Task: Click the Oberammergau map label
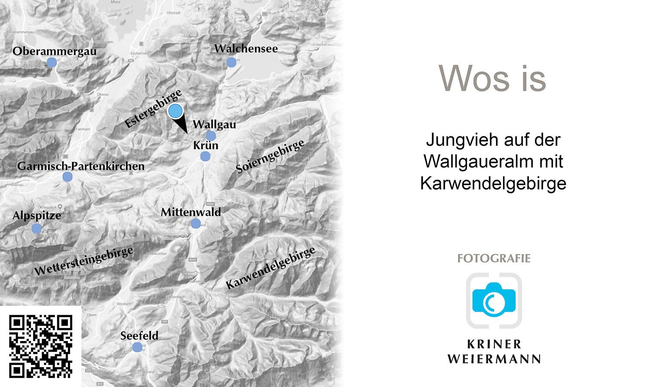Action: pyautogui.click(x=55, y=51)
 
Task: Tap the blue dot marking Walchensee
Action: pyautogui.click(x=231, y=62)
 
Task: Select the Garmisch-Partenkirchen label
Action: pyautogui.click(x=81, y=166)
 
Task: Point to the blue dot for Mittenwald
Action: pyautogui.click(x=196, y=224)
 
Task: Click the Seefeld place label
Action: pyautogui.click(x=139, y=336)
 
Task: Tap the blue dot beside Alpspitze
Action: pyautogui.click(x=37, y=229)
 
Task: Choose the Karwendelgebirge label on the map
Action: pyautogui.click(x=270, y=268)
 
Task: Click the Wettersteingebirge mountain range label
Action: pyautogui.click(x=84, y=261)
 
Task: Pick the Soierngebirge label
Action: pyautogui.click(x=270, y=156)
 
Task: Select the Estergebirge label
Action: pyautogui.click(x=153, y=109)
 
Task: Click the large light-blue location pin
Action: pyautogui.click(x=175, y=111)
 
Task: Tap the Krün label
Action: pyautogui.click(x=206, y=145)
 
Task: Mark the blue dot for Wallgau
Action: pyautogui.click(x=211, y=136)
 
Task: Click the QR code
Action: pyautogui.click(x=41, y=347)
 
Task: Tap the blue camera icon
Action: pyautogui.click(x=494, y=300)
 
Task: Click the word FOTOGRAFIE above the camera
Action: pyautogui.click(x=494, y=258)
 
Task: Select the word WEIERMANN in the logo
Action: pyautogui.click(x=494, y=359)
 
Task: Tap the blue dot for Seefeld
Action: pyautogui.click(x=137, y=347)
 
